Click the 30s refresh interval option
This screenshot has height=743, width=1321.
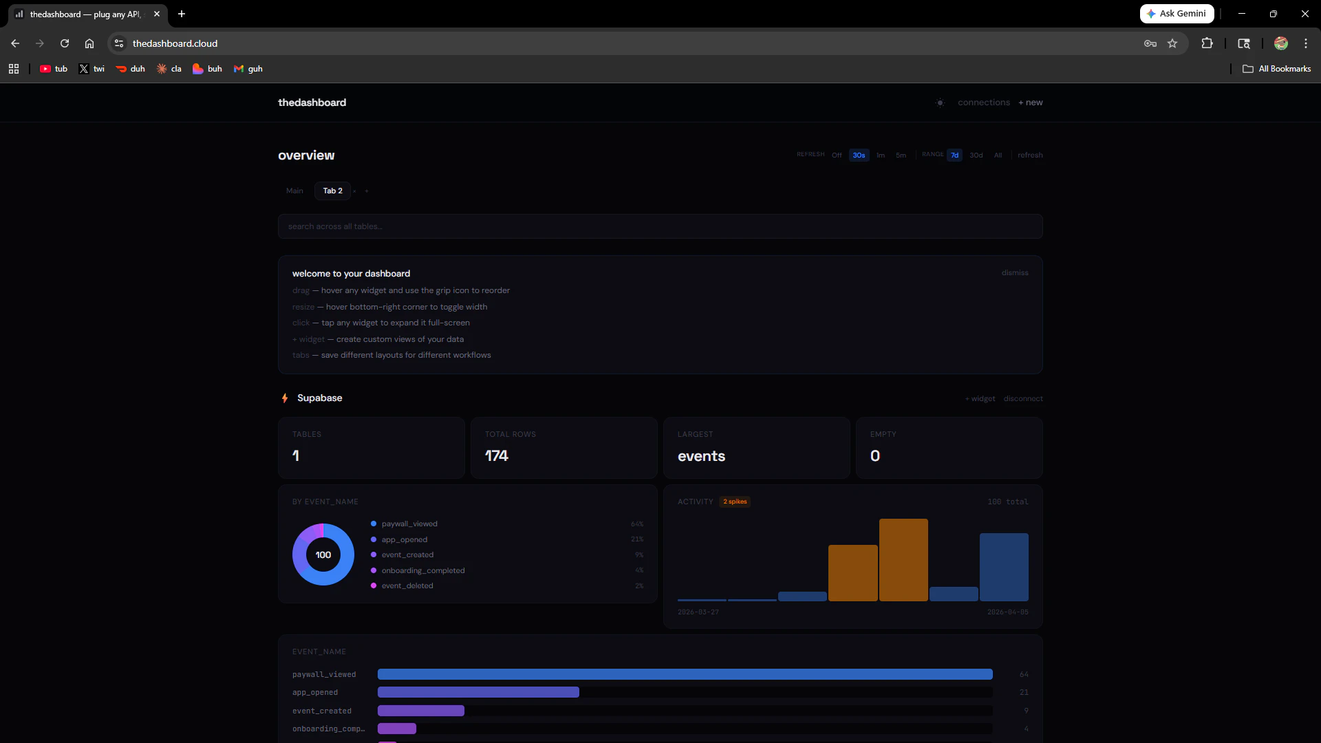click(x=859, y=155)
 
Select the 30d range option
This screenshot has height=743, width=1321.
click(x=976, y=155)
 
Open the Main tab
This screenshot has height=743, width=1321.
click(x=294, y=191)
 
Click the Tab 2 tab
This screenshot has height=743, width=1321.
click(x=332, y=191)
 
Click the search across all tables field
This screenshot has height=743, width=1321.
click(x=660, y=226)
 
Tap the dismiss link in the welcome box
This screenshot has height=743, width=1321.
click(x=1015, y=273)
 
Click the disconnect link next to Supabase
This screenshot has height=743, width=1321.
click(x=1023, y=399)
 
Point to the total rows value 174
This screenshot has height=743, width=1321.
click(x=496, y=456)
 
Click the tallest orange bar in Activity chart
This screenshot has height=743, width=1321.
click(x=903, y=560)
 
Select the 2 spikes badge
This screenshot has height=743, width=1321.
click(x=735, y=502)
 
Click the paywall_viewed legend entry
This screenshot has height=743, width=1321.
click(x=409, y=524)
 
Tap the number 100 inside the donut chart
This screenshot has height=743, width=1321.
click(x=323, y=555)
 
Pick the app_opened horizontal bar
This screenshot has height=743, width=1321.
click(x=478, y=692)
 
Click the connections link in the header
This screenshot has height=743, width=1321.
click(x=984, y=103)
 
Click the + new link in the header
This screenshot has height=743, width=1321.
click(x=1031, y=103)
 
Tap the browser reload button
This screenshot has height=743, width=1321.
click(x=65, y=43)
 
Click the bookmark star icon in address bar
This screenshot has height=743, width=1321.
click(x=1172, y=43)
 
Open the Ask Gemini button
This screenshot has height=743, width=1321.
click(x=1177, y=14)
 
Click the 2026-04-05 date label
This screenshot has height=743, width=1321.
click(x=1007, y=612)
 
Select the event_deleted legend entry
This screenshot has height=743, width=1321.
click(x=407, y=586)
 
